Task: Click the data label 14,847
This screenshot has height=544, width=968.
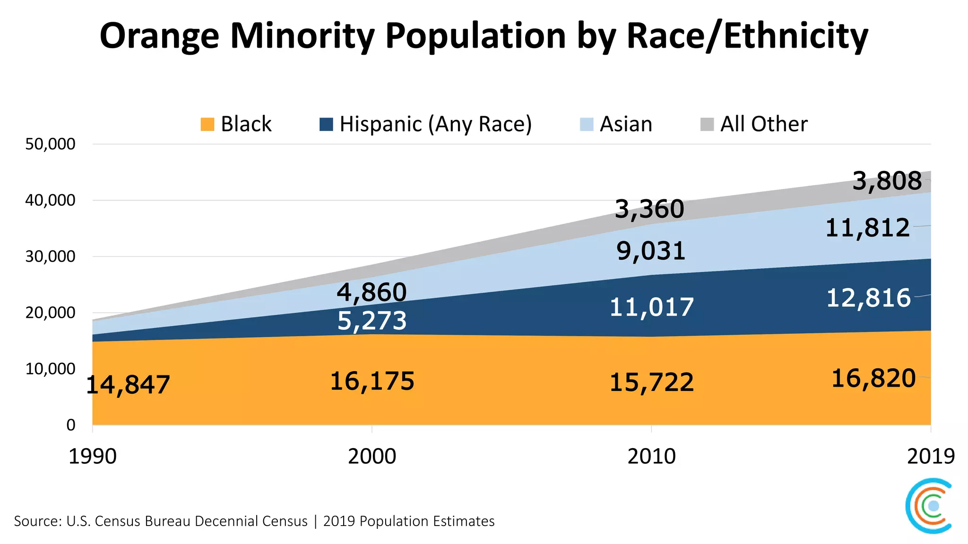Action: (x=128, y=385)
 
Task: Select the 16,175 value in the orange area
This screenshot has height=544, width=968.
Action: (x=372, y=382)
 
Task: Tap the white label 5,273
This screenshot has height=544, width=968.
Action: (x=372, y=321)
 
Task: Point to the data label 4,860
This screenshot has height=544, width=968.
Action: (x=372, y=292)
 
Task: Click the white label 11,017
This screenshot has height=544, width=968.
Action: (x=651, y=307)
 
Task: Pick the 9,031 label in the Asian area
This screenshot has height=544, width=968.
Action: (x=651, y=251)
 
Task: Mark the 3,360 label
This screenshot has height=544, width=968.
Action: (x=650, y=209)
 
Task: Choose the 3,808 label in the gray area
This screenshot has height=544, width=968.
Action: (x=887, y=181)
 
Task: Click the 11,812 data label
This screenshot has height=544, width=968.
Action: (x=867, y=229)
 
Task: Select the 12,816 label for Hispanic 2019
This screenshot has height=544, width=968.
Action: (x=868, y=298)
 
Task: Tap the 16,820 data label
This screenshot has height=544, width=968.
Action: (x=873, y=379)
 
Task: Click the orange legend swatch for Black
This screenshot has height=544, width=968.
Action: (x=207, y=124)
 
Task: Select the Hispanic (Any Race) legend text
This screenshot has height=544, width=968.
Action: (x=435, y=124)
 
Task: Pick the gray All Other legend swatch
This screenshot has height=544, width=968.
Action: (x=707, y=124)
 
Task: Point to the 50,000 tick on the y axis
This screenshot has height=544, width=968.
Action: (x=50, y=144)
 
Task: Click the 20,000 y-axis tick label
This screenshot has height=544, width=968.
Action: (x=50, y=313)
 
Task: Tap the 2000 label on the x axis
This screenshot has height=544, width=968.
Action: (x=372, y=457)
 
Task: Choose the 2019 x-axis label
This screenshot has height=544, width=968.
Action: (x=931, y=457)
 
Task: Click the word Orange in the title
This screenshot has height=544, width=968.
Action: (x=159, y=37)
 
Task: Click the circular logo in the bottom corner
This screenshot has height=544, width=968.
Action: (x=929, y=506)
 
